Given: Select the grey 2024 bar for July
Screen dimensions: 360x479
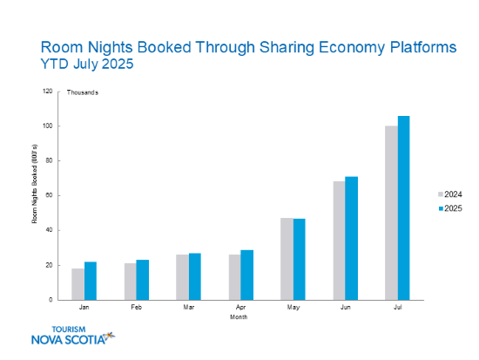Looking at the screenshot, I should [391, 213].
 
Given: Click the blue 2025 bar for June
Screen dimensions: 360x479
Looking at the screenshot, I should [351, 238].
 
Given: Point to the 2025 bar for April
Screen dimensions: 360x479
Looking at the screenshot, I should [246, 275].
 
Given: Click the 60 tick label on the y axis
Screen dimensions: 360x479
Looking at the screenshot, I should [51, 195].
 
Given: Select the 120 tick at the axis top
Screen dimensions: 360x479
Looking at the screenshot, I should [49, 91].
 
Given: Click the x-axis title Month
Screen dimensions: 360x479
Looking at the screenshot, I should [240, 317].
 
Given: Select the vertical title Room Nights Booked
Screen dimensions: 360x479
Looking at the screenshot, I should [36, 195].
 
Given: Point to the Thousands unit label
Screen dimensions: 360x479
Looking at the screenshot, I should [82, 92].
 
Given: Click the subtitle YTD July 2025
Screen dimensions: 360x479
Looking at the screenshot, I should [88, 64].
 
